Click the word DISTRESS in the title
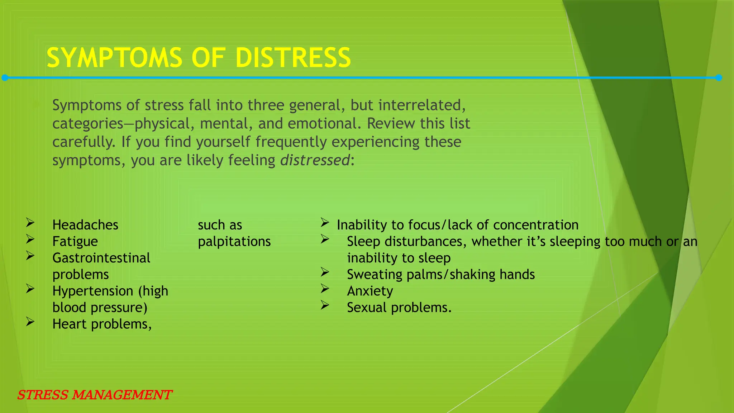[293, 58]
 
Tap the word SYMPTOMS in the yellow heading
[114, 58]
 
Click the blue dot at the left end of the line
[5, 78]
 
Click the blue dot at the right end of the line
[719, 78]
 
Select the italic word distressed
[315, 160]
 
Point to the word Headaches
[85, 225]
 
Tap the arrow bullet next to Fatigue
[30, 239]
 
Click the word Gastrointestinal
[101, 258]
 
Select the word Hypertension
[93, 291]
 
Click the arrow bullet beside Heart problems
[30, 322]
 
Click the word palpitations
[234, 242]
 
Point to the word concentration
[535, 225]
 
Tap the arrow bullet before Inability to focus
[325, 223]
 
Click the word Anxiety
[370, 291]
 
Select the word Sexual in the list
[367, 308]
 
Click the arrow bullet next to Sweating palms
[325, 272]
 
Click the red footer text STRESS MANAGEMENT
[95, 395]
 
